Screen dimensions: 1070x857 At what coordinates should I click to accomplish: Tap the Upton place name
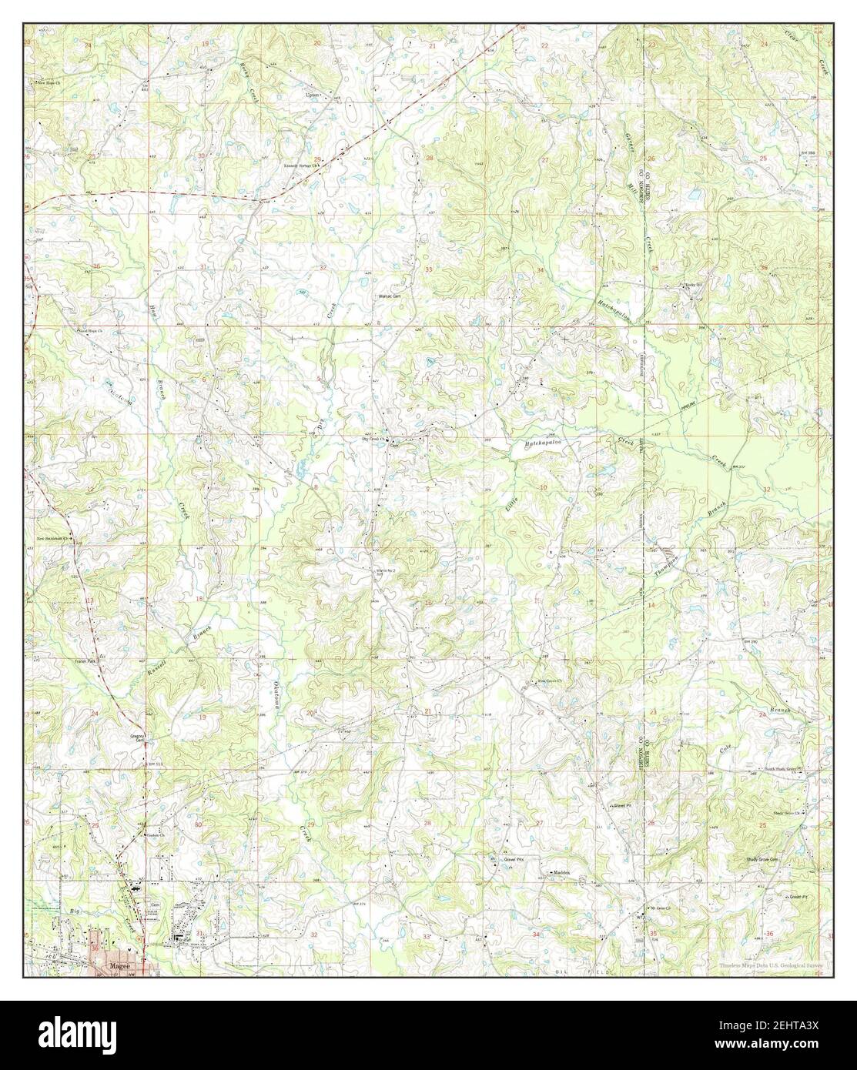312,95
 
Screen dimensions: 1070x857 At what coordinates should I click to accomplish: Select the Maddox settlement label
560,871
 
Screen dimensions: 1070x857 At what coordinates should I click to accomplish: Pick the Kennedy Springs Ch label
300,166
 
